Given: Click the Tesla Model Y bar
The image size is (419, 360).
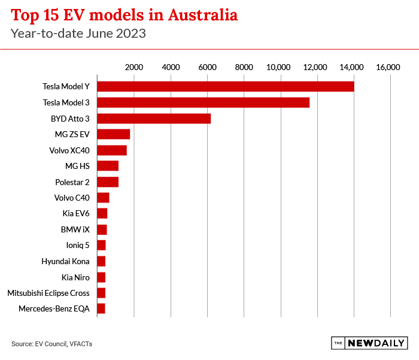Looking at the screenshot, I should [225, 86].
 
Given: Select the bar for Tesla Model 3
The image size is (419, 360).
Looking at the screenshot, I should [203, 102].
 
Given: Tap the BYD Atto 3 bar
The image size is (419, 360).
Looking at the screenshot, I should [154, 119].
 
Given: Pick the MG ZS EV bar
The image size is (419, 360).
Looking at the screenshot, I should [113, 134].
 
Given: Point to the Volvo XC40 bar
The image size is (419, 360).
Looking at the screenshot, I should [112, 150].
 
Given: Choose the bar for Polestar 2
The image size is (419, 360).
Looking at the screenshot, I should [108, 181].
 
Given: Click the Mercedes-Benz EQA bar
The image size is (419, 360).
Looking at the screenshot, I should [101, 308].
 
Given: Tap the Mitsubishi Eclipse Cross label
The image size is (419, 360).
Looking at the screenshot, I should [48, 293].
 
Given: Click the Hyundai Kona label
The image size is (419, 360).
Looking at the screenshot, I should [65, 261].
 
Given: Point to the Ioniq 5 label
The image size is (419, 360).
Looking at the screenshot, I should [78, 245].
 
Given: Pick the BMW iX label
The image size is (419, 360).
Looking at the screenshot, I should [75, 229].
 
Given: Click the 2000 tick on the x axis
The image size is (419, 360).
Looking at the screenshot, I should [134, 67].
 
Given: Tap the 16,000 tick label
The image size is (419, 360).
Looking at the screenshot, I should [388, 67].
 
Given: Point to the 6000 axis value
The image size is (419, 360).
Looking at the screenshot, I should [207, 67].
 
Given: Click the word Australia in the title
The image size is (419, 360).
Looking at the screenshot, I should [192, 15].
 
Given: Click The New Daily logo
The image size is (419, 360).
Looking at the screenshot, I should [369, 343].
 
